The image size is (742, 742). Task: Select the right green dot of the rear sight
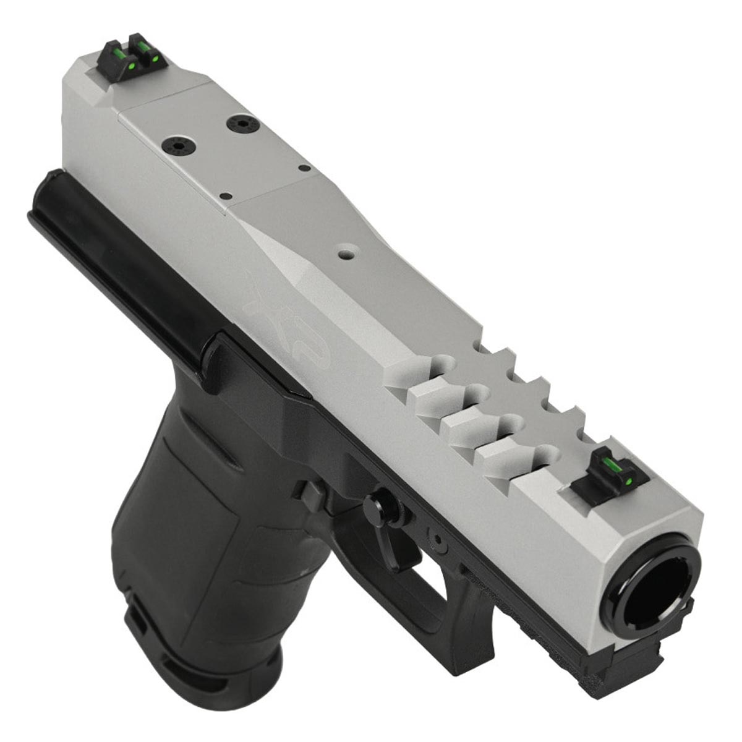click(155, 59)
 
